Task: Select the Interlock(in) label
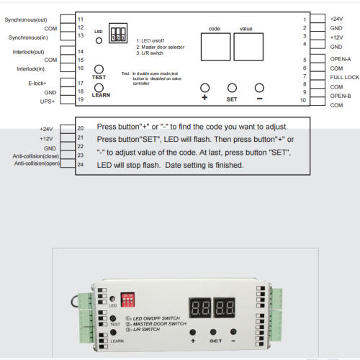point(31,68)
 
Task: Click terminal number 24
point(80,165)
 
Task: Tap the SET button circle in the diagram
point(232,87)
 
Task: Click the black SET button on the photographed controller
point(214,331)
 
